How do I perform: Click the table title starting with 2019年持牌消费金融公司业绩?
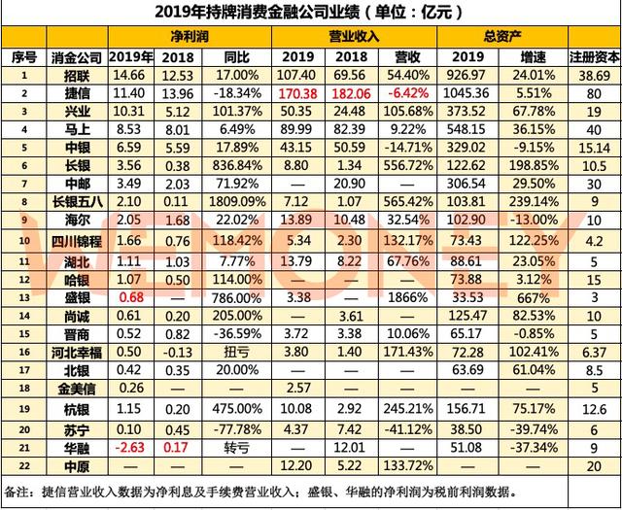click(308, 13)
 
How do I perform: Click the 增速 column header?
click(535, 56)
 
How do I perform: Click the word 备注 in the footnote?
click(19, 491)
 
